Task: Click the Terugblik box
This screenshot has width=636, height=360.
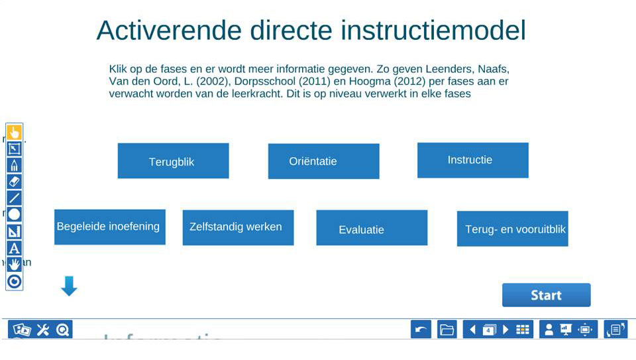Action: tap(173, 161)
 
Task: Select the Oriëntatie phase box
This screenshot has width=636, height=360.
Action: tap(323, 161)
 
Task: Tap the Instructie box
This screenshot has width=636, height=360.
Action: tap(472, 160)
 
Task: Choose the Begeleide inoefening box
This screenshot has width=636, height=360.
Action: tap(109, 227)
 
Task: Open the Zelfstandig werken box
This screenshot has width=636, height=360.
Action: tap(238, 227)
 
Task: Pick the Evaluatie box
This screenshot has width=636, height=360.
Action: tap(372, 228)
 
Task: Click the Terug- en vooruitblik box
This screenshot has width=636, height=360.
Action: tap(512, 229)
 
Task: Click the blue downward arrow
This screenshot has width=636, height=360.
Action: tap(69, 286)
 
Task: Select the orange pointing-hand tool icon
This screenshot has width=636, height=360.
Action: tap(14, 133)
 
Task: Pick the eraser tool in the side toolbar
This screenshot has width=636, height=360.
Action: tap(14, 181)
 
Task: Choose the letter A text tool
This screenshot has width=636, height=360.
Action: tap(14, 249)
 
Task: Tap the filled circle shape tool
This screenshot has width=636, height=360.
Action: tap(14, 214)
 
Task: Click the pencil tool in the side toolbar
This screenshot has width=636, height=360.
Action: tap(14, 164)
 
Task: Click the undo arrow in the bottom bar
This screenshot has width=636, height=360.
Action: tap(421, 330)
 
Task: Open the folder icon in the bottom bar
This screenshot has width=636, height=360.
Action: tap(447, 330)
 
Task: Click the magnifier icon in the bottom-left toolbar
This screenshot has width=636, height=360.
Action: tap(63, 330)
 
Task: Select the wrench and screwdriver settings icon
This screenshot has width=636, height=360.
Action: tap(43, 330)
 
